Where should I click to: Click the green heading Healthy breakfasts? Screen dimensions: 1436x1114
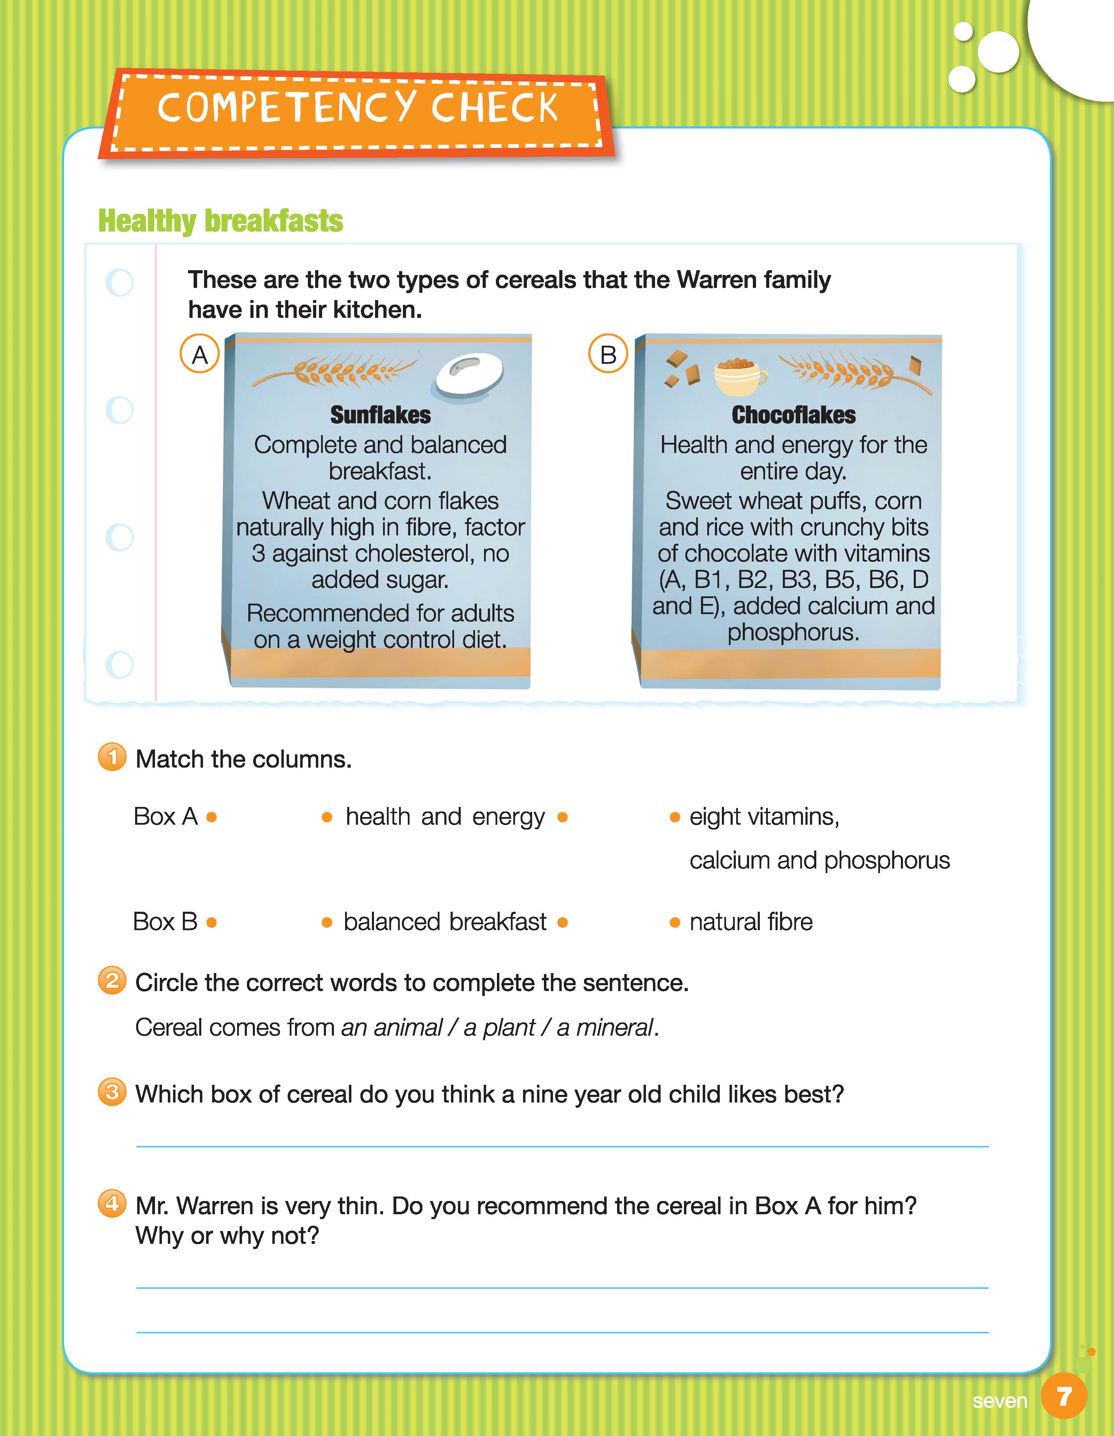point(220,221)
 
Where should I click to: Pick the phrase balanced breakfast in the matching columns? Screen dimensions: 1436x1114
point(445,923)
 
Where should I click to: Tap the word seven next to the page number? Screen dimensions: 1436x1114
point(999,1401)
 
